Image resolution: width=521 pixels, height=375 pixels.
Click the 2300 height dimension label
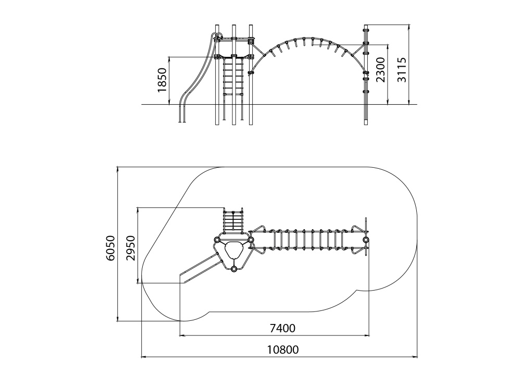(381, 70)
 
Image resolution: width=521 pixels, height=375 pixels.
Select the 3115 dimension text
(402, 70)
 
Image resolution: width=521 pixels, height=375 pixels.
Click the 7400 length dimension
(282, 329)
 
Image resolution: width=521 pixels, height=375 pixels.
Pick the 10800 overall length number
(283, 350)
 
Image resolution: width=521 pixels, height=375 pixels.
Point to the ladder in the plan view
(233, 221)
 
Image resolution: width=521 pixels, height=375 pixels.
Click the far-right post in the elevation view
(366, 78)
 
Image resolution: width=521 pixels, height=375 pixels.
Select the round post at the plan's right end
(366, 240)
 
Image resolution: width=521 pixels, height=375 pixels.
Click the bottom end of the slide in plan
(182, 279)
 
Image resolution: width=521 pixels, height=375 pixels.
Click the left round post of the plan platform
(217, 240)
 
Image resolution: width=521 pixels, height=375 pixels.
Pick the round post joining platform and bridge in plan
(251, 240)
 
